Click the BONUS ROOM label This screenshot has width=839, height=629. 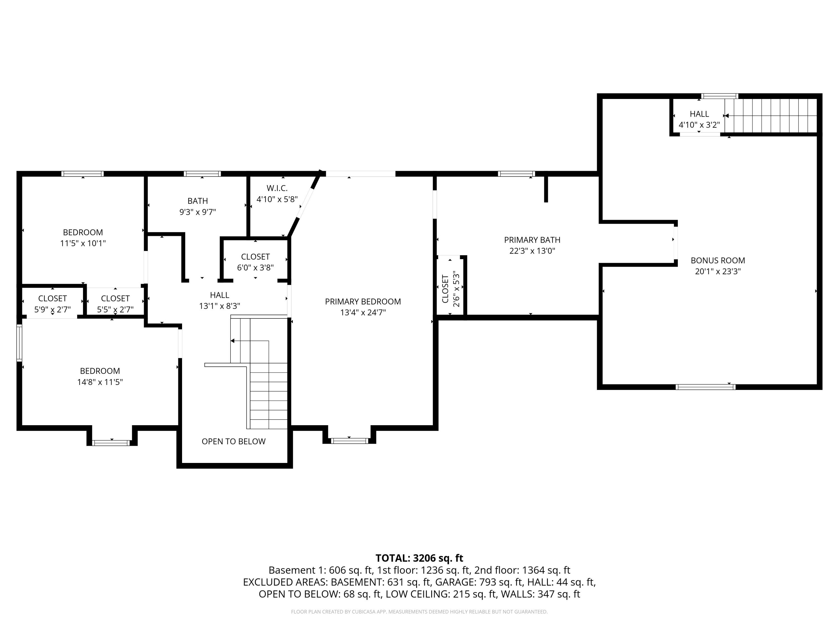coord(718,261)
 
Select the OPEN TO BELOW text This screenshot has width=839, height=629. coord(233,441)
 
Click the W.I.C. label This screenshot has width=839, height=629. coord(277,188)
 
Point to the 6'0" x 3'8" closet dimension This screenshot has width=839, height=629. coord(255,268)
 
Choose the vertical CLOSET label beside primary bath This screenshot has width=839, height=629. coord(445,289)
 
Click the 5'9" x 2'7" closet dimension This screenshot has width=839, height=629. coord(52,309)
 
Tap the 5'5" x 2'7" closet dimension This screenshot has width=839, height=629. coord(115,309)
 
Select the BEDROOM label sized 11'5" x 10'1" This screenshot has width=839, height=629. coord(83,232)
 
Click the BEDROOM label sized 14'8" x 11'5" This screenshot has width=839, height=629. coord(100,371)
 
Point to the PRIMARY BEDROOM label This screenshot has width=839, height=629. coord(363,301)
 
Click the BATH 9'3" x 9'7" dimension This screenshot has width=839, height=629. coord(198,212)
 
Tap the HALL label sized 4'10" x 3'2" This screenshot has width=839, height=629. coord(699,114)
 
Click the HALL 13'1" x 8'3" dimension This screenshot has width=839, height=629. coord(220,306)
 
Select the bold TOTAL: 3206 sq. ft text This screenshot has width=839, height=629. coord(419,558)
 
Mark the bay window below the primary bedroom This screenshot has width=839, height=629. coord(349,441)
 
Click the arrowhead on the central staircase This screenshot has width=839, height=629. coord(232,341)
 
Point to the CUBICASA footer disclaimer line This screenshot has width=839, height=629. coord(419,612)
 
